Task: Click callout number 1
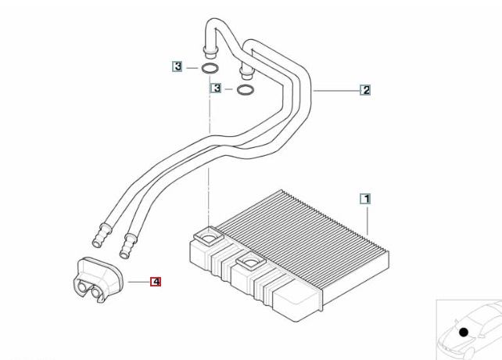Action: tap(365, 199)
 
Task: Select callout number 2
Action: tap(365, 90)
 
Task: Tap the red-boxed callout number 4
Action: tap(156, 281)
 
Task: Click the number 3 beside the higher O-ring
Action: tap(178, 68)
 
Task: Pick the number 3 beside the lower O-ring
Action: tap(215, 89)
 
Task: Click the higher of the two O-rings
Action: tap(210, 69)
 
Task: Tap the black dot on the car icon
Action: tap(464, 333)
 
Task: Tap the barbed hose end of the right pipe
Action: tap(125, 247)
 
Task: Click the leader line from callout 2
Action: tap(336, 91)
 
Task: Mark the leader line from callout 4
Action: tap(137, 281)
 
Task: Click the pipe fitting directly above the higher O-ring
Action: tap(210, 52)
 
